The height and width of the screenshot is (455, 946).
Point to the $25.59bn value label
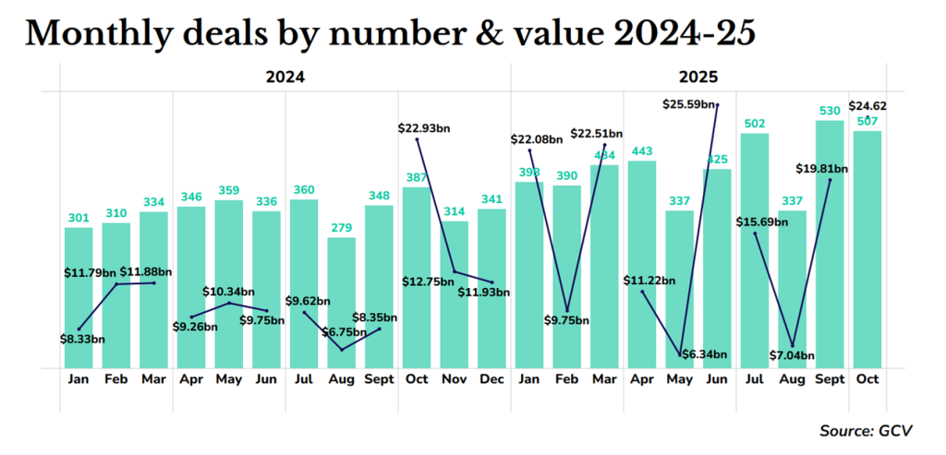click(x=688, y=105)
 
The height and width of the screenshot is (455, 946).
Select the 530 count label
click(x=830, y=111)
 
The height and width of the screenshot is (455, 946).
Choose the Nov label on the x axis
click(x=455, y=379)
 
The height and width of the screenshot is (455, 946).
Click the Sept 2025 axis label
click(x=830, y=379)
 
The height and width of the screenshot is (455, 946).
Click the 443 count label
click(x=642, y=151)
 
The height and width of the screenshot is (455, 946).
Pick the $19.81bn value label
click(x=821, y=169)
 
